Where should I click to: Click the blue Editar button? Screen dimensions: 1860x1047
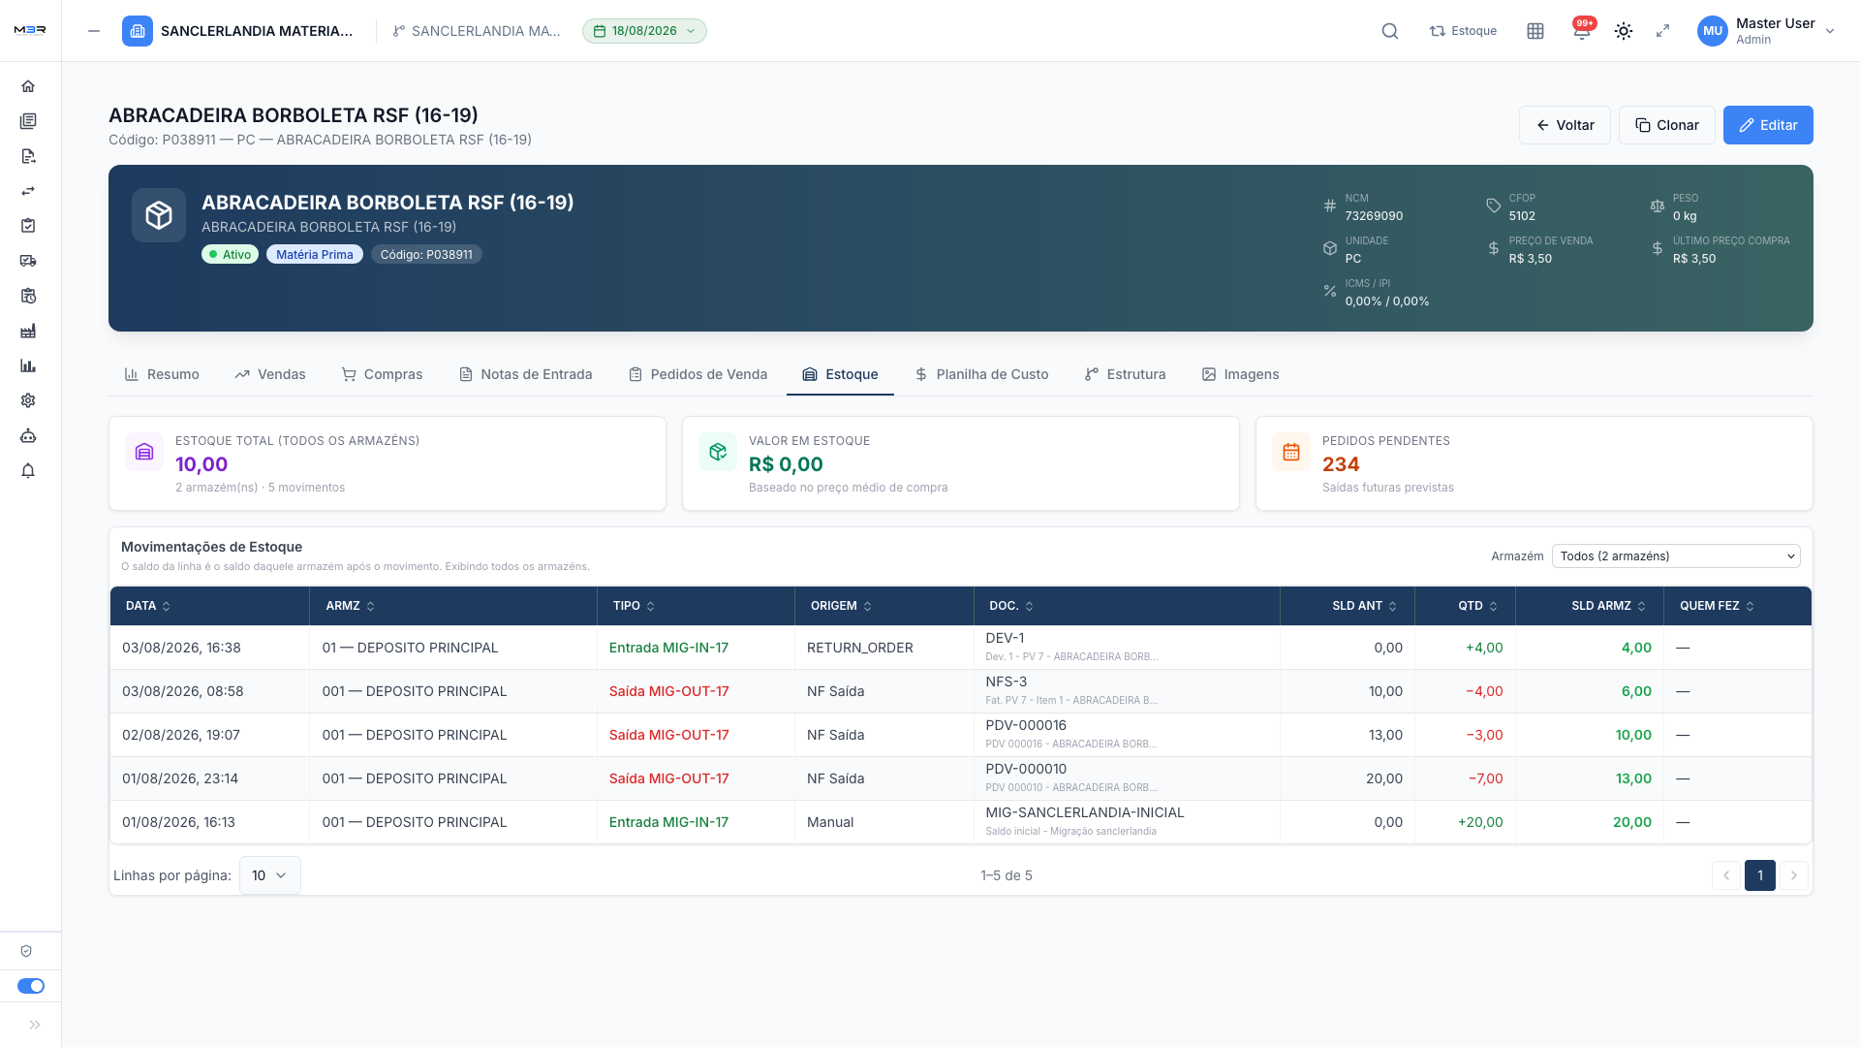(x=1768, y=125)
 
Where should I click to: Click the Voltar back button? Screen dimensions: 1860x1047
(x=1565, y=125)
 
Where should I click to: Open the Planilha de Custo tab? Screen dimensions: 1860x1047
(x=981, y=374)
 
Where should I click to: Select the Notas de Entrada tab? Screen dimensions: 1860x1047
(x=525, y=374)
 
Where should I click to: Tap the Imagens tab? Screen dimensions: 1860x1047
(x=1240, y=374)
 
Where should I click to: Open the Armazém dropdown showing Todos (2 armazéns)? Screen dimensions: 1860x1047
(x=1676, y=556)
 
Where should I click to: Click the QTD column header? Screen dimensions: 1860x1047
(x=1478, y=606)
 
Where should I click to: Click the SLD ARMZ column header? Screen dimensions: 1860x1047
(x=1608, y=606)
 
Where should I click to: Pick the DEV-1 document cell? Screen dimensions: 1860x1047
(x=1005, y=638)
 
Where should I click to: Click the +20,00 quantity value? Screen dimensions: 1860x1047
(x=1480, y=822)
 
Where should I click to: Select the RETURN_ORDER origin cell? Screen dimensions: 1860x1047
(x=860, y=648)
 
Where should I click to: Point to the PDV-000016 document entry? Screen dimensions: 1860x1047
(x=1026, y=725)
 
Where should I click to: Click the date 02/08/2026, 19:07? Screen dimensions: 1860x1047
(x=181, y=735)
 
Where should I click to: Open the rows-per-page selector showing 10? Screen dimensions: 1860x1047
(x=270, y=875)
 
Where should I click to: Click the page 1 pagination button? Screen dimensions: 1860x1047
(x=1760, y=875)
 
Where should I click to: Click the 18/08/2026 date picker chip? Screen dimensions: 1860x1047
(x=644, y=31)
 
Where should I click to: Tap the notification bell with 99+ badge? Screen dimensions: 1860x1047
(x=1582, y=31)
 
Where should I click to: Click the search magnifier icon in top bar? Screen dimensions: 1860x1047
(x=1390, y=31)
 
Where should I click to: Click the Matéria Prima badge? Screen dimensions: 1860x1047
(x=315, y=255)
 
